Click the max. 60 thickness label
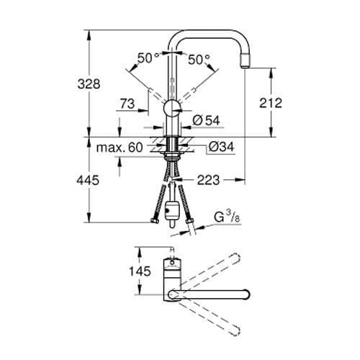tap(120, 148)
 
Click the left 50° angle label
tap(148, 60)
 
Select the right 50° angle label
tap(199, 60)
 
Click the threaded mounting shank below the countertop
tap(173, 152)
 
